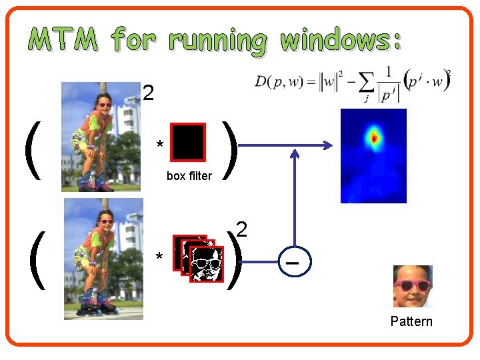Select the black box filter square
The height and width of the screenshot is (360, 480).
tap(188, 142)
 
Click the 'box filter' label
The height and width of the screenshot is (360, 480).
tap(189, 177)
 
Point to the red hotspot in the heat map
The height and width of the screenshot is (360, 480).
tap(374, 138)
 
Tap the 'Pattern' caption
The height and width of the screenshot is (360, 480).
tap(411, 322)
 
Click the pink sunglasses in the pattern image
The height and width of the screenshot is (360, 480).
tap(412, 286)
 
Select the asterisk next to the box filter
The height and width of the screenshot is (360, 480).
tap(159, 145)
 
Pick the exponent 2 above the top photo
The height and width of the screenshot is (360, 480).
tap(149, 94)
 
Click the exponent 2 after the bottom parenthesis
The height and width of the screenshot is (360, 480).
tap(242, 231)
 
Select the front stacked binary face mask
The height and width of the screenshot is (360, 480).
tap(207, 264)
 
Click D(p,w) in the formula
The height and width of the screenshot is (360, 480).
tap(275, 82)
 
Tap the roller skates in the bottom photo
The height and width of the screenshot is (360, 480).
tap(97, 306)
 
